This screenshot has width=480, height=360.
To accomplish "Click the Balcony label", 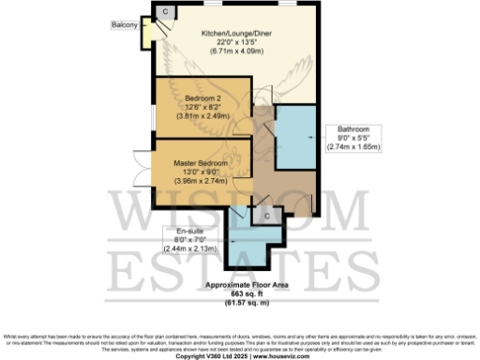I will click(x=125, y=22).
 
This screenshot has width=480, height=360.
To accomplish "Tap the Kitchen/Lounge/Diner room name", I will click(x=234, y=32).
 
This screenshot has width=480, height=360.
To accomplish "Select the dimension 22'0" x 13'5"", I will click(x=234, y=41).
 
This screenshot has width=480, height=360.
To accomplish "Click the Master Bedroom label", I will click(x=201, y=162).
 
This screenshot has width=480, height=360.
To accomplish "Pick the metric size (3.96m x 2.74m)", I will click(x=201, y=179).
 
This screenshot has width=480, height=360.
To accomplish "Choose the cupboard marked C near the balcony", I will click(x=167, y=10).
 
